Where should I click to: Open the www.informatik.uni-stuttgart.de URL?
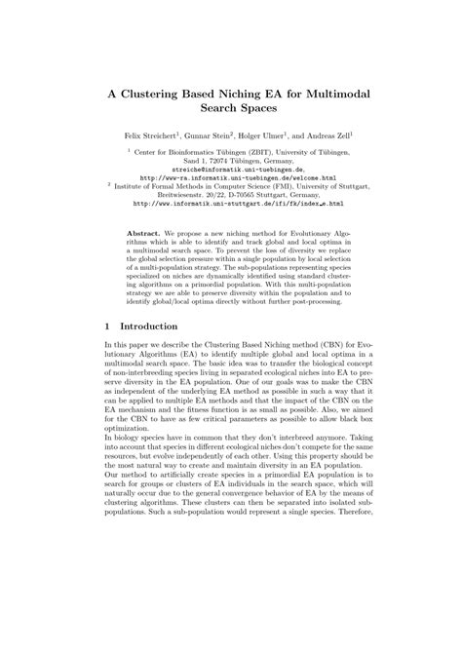click(x=238, y=204)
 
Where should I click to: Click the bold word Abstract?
click(x=146, y=234)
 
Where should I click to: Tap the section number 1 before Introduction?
click(x=106, y=326)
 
